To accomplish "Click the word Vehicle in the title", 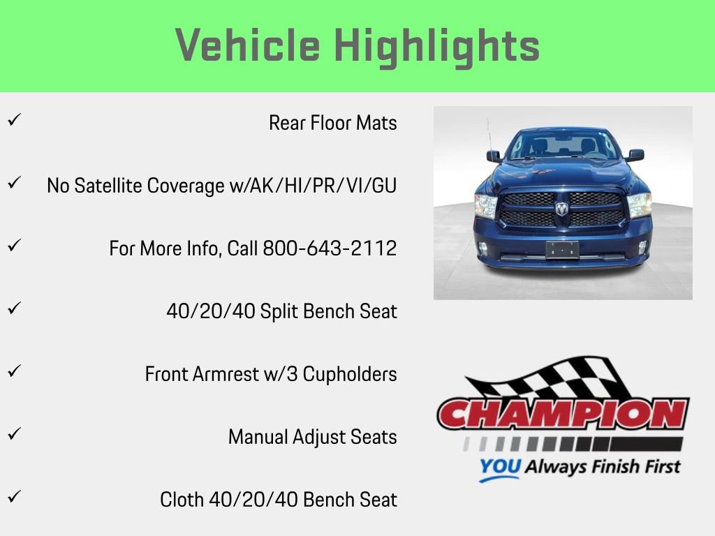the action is [x=248, y=46].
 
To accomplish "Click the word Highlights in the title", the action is [x=437, y=46].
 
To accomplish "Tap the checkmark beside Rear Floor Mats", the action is [x=13, y=119].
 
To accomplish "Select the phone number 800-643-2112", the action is [x=330, y=248].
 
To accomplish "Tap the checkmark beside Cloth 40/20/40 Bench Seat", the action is [x=13, y=496].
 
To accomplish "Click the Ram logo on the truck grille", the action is [x=562, y=208].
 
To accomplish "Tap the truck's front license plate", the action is [x=562, y=249].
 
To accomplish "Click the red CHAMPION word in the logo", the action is [x=563, y=414].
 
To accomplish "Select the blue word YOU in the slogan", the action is [x=500, y=467].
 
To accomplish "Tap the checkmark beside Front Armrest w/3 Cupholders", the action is [x=13, y=371].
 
